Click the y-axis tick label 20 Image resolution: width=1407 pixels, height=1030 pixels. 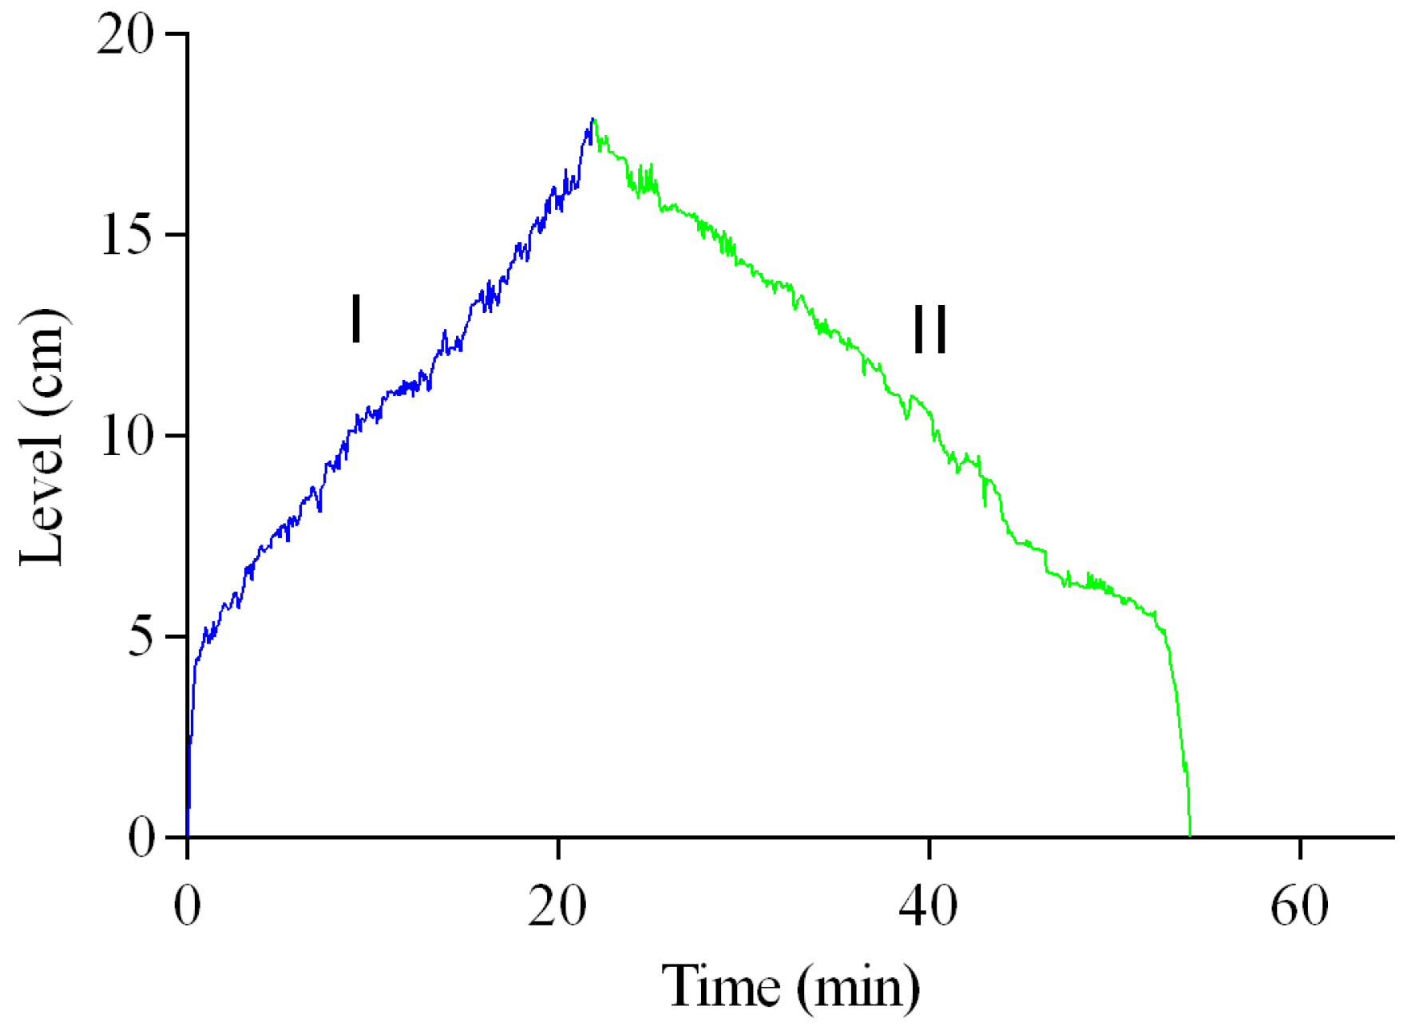pos(124,36)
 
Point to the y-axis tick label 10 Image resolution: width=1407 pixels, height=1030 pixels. pos(125,436)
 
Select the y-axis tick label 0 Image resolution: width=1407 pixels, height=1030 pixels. pos(141,838)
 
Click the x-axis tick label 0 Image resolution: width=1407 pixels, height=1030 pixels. pos(187,906)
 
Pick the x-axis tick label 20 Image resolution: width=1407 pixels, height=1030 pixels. pos(557,906)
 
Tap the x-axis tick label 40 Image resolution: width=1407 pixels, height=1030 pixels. pos(928,906)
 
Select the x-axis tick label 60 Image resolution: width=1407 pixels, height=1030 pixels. pos(1299,906)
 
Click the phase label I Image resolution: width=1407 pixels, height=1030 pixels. pos(356,319)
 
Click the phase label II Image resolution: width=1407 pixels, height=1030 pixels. pos(929,329)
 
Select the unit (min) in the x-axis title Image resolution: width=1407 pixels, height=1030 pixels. pos(858,988)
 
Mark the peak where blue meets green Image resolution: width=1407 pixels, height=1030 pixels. pos(593,120)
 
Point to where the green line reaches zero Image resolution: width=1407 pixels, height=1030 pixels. pos(1190,835)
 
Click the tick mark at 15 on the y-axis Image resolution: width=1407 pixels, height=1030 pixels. pos(176,235)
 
